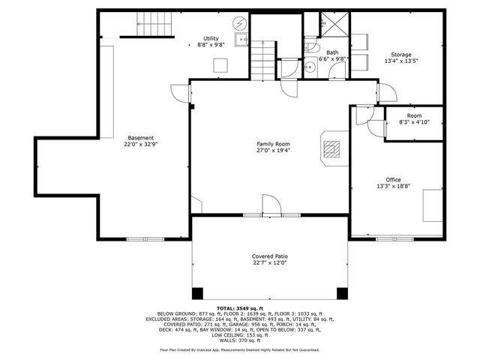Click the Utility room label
click(211, 38)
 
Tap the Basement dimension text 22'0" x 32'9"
click(140, 144)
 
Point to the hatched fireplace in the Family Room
click(332, 148)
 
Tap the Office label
click(393, 180)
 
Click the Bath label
click(331, 52)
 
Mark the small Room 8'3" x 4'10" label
click(414, 115)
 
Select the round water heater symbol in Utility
click(240, 23)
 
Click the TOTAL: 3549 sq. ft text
click(239, 308)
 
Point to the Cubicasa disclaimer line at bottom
click(239, 349)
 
